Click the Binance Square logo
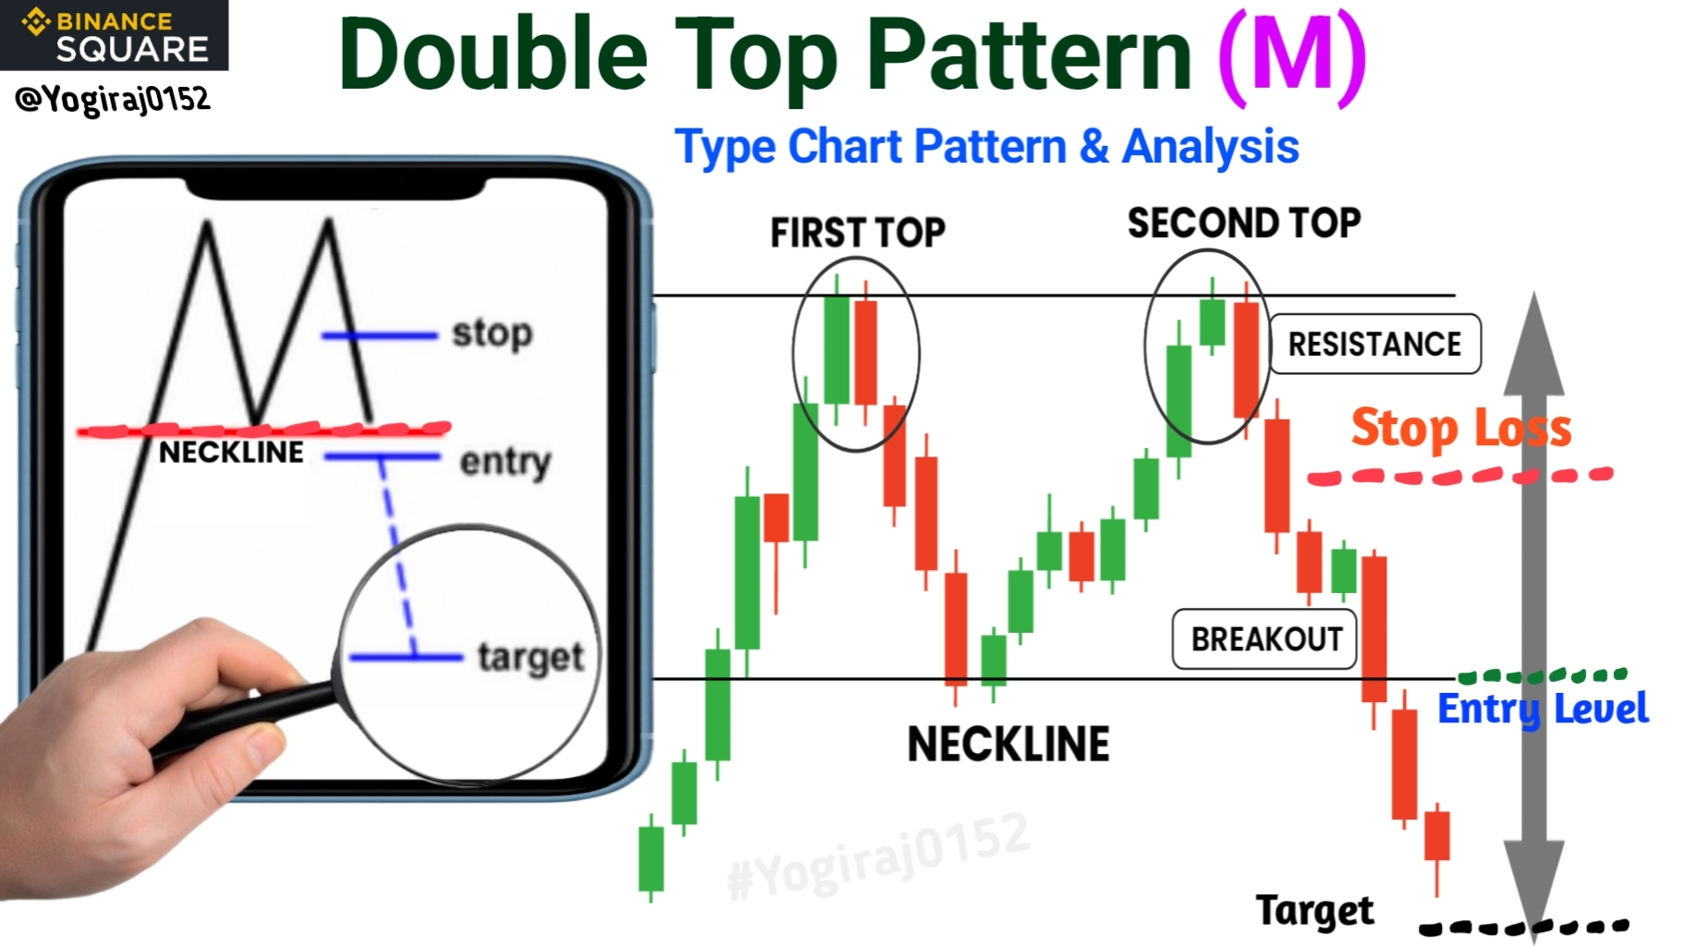tap(115, 35)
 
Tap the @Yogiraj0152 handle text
tap(113, 98)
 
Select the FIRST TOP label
tap(858, 233)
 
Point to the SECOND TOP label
tap(1244, 223)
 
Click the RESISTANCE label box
tap(1375, 344)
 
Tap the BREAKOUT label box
tap(1264, 638)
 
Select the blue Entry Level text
tap(1543, 709)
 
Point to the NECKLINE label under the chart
tap(1008, 745)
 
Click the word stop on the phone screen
tap(493, 334)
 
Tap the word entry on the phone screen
tap(505, 462)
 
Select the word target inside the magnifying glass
tap(531, 658)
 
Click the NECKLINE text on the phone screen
tap(231, 452)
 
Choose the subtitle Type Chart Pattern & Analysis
tap(986, 147)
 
